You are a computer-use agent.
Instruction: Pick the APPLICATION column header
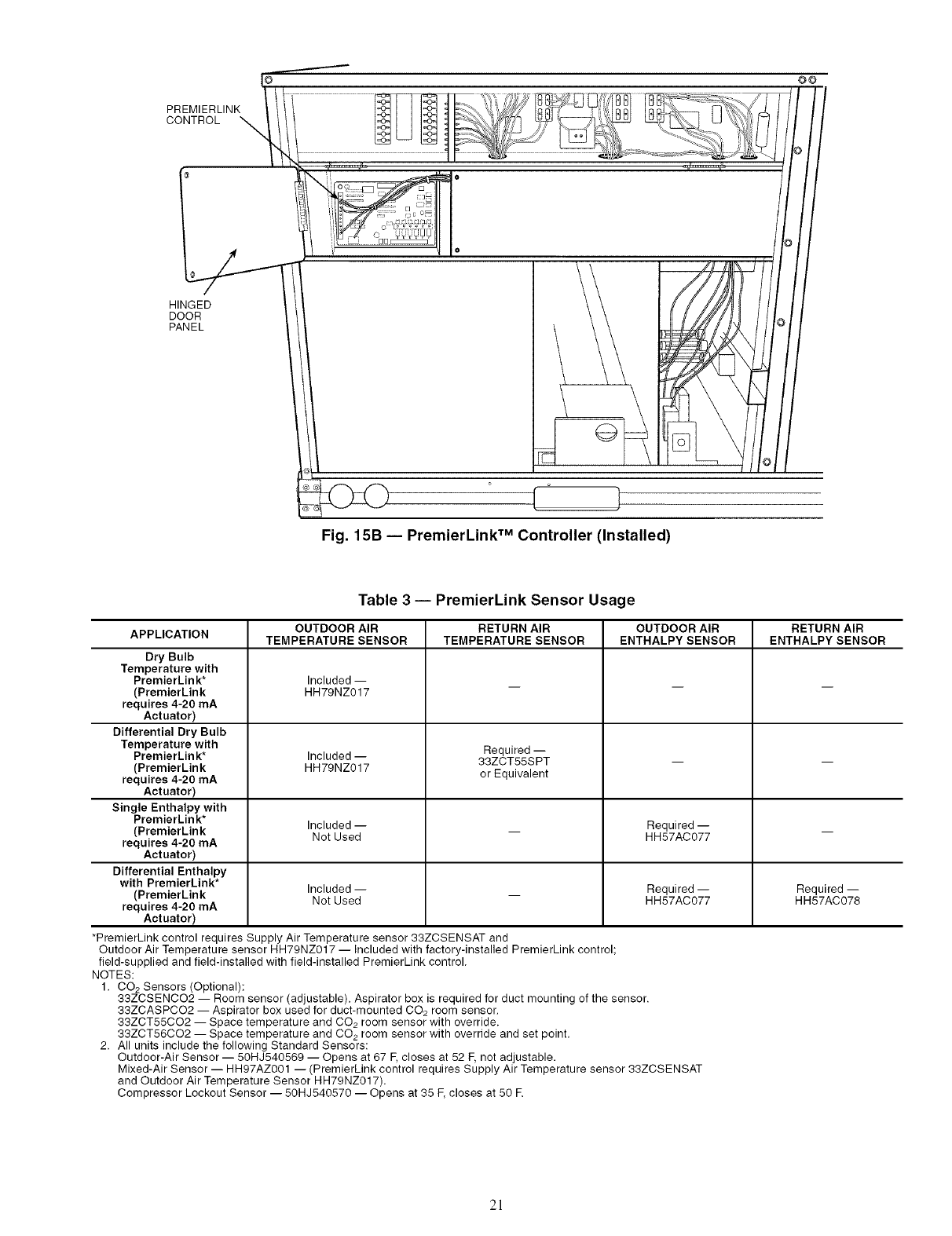coord(170,634)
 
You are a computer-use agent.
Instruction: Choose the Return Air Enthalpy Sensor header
coord(827,634)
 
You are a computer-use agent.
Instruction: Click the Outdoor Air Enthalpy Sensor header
coord(677,634)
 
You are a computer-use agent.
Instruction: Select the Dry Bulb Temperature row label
coord(170,686)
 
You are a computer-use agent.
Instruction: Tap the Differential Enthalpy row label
coord(170,894)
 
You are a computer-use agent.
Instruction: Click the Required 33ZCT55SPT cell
coord(514,762)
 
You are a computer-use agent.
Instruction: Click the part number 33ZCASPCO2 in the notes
coord(150,1010)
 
